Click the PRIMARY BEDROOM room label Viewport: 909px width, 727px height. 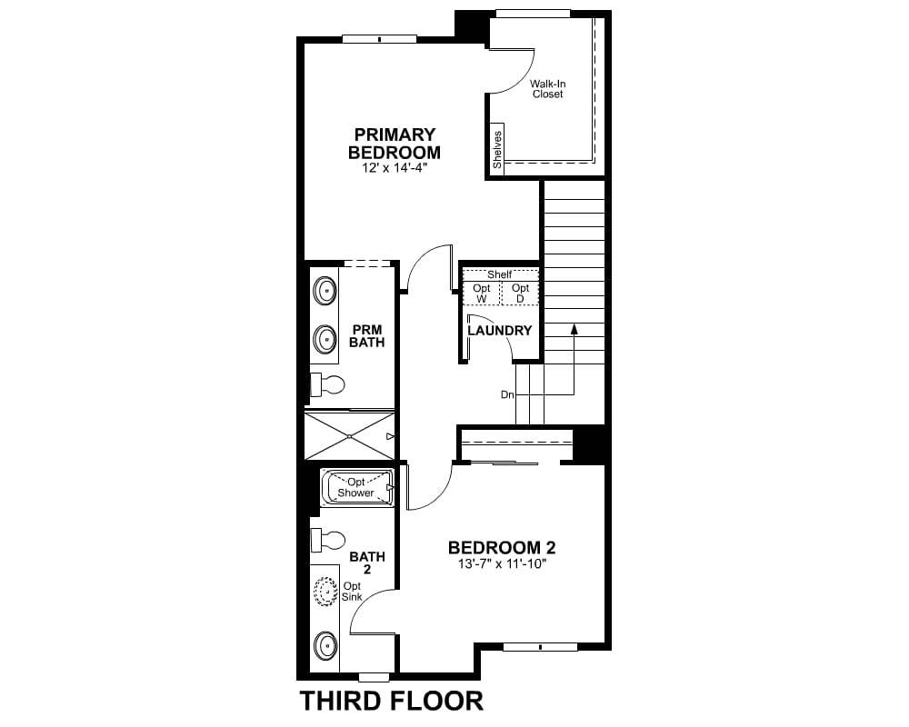tap(395, 144)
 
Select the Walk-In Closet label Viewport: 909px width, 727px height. tap(548, 89)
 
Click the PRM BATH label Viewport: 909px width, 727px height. tap(367, 336)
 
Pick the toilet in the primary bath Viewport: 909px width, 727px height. tap(328, 384)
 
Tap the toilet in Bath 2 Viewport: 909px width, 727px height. tap(328, 541)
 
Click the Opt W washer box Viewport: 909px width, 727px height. tap(481, 293)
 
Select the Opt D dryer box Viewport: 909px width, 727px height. tap(520, 293)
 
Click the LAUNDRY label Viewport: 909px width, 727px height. tap(500, 331)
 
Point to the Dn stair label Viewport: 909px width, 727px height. tap(507, 394)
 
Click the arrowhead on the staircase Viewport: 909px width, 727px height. tap(574, 329)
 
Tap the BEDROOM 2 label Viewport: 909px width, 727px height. tap(502, 547)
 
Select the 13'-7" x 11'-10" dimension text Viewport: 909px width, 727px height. tap(502, 563)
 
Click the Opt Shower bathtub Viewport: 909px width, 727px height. tap(357, 488)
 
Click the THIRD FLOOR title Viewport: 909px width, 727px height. tap(391, 701)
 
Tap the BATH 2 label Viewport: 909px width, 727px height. tap(367, 563)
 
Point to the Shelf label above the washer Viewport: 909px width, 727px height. tap(500, 274)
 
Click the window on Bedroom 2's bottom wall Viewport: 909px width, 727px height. tap(540, 647)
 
